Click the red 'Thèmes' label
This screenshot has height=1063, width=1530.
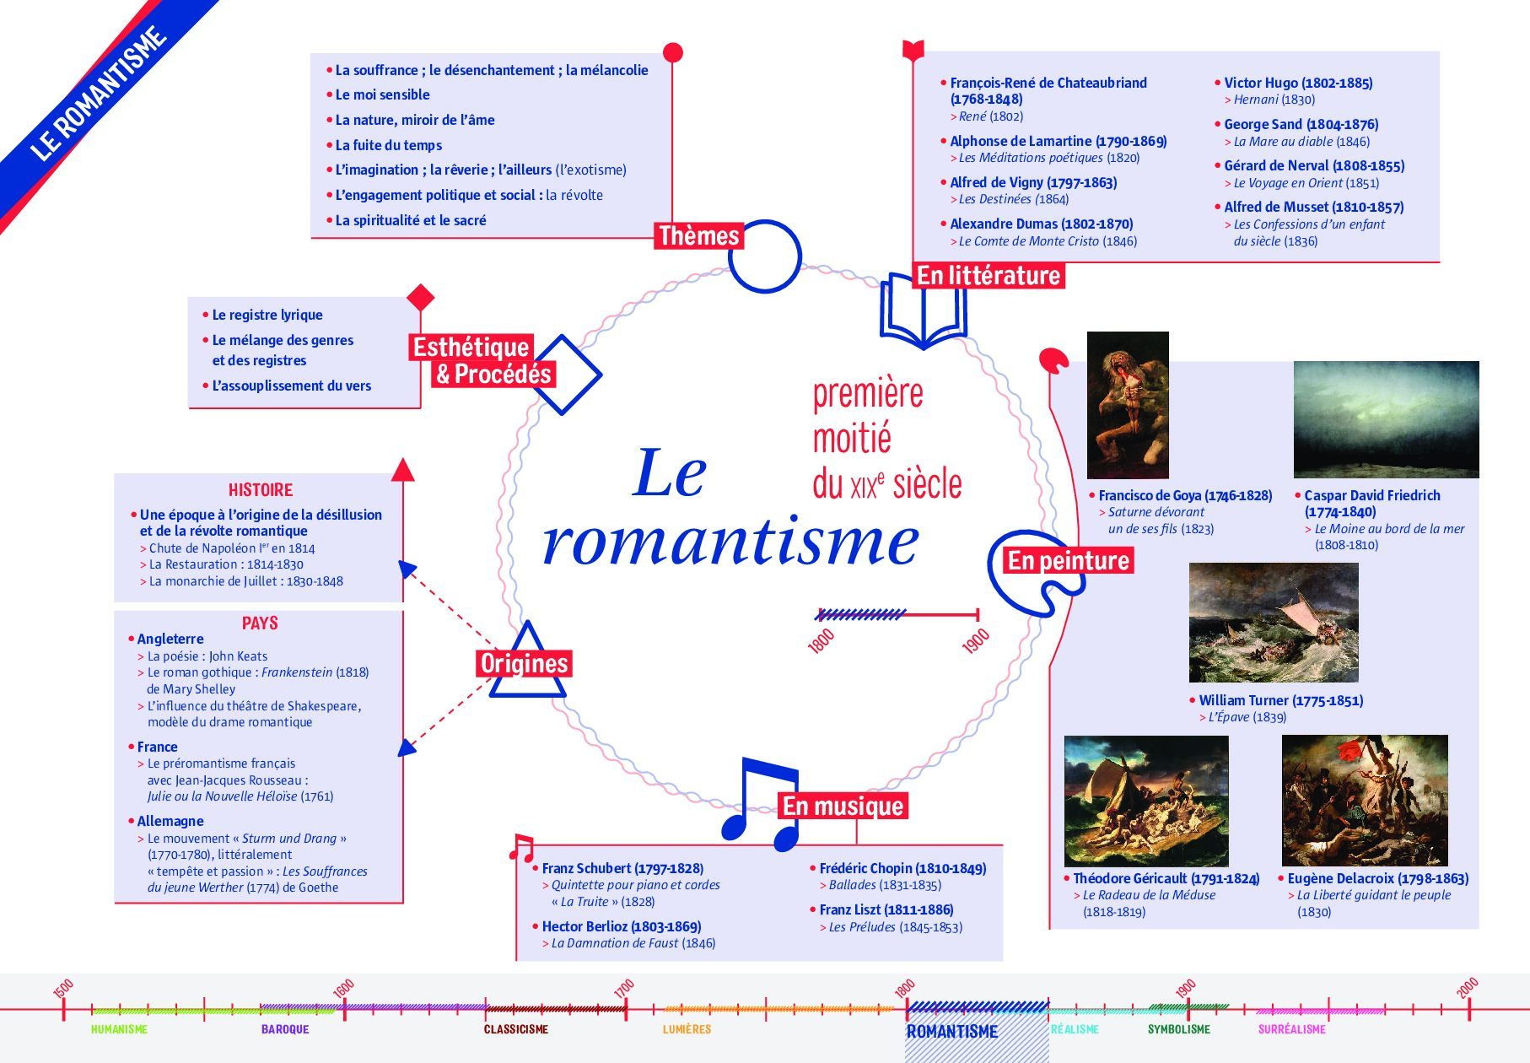tap(699, 235)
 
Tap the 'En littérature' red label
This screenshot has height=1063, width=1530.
tap(989, 276)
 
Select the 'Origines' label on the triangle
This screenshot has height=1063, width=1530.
tap(524, 664)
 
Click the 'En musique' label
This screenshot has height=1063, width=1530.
tap(843, 807)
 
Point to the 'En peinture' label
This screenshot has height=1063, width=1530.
tap(1069, 561)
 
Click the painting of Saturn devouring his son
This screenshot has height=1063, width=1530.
tap(1128, 405)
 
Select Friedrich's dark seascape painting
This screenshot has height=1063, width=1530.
tap(1387, 419)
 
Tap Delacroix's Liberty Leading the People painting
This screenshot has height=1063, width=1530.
tap(1365, 801)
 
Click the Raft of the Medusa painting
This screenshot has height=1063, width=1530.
tap(1146, 801)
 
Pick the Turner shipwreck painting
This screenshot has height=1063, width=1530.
tap(1274, 623)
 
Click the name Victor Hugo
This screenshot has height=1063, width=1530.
tap(1261, 83)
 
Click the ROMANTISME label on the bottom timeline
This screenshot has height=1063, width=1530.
tap(952, 1032)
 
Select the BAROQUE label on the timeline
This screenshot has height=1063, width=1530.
tap(285, 1029)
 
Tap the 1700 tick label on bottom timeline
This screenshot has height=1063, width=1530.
tap(624, 989)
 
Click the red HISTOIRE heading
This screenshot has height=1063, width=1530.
tap(261, 490)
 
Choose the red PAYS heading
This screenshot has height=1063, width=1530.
tap(260, 623)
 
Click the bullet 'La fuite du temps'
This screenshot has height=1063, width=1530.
tap(389, 145)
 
